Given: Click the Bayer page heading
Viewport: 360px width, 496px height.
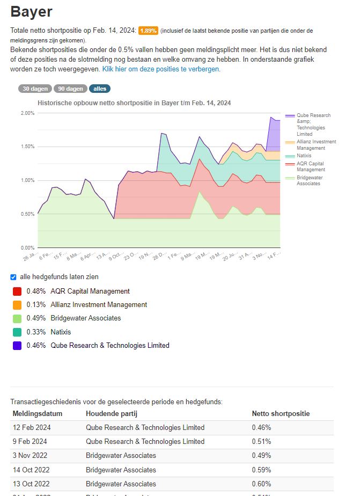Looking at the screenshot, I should click(32, 12).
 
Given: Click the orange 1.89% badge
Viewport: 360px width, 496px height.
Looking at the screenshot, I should click(148, 31).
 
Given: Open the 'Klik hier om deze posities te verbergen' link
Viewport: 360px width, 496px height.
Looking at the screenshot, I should click(161, 69).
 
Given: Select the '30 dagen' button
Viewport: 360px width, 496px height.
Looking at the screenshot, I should click(35, 89).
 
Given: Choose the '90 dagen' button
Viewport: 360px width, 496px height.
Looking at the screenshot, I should click(70, 89).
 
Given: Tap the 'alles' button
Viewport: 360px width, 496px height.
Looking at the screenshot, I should click(100, 89).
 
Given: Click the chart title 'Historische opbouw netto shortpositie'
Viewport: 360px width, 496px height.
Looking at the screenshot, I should click(134, 103).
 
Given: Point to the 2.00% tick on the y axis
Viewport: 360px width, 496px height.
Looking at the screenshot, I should click(27, 113).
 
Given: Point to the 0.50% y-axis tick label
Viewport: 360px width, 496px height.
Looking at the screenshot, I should click(27, 214).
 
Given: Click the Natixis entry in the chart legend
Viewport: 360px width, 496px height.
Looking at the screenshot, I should click(304, 156).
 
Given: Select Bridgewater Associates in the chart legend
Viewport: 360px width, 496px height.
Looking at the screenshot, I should click(308, 180).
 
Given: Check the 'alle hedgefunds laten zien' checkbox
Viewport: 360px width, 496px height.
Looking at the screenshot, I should click(13, 277).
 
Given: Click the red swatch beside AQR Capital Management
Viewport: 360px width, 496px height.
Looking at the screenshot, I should click(17, 291).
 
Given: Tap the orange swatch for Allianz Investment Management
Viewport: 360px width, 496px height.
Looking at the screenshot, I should click(17, 305).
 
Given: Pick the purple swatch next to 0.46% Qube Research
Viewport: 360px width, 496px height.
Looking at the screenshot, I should click(17, 346).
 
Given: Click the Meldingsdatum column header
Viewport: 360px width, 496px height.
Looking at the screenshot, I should click(38, 414).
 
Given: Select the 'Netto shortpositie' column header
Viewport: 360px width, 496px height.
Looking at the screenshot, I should click(281, 414).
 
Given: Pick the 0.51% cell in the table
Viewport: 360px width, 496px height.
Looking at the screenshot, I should click(261, 442).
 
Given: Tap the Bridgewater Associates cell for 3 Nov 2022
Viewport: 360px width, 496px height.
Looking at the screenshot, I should click(121, 456).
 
